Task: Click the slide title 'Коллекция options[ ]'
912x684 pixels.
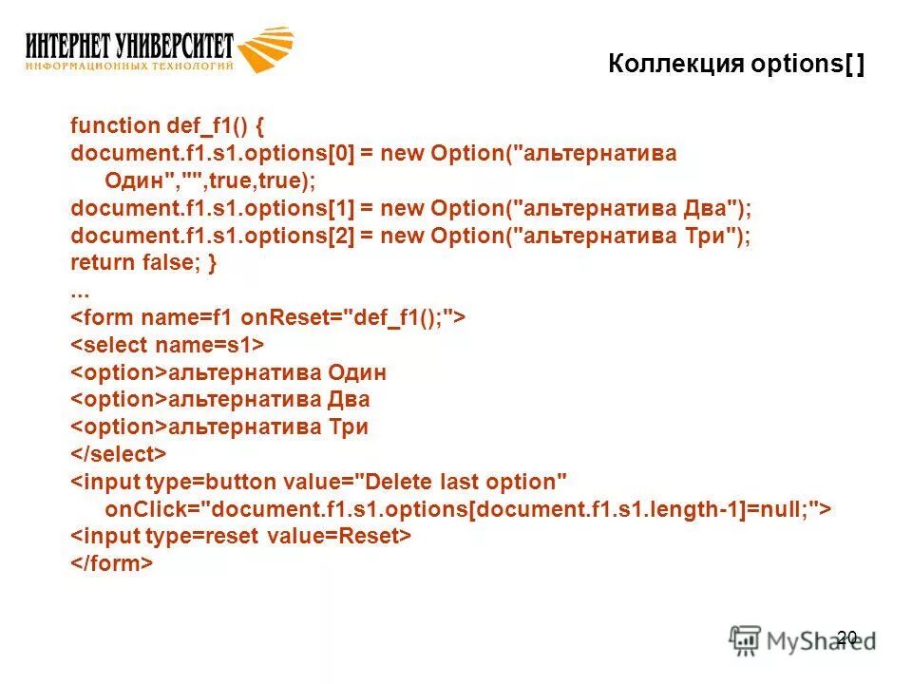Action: tap(736, 66)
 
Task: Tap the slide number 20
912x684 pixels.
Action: tap(847, 637)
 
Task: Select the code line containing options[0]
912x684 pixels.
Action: tap(373, 153)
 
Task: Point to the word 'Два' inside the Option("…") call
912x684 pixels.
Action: tap(706, 208)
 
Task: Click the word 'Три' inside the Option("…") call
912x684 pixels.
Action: tap(706, 236)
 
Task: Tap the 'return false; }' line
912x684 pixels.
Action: tap(143, 263)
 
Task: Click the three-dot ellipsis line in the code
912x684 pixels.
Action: tap(80, 290)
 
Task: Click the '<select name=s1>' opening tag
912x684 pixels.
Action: tap(168, 345)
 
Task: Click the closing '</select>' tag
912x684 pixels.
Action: tap(119, 454)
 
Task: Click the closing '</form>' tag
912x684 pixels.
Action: tap(111, 564)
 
